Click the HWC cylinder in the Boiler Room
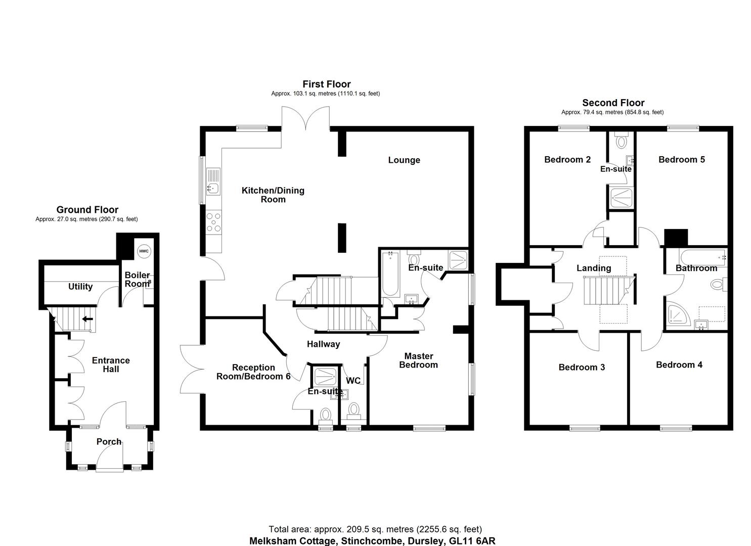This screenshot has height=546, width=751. [144, 251]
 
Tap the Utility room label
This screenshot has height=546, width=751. [80, 287]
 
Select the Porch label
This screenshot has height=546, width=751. [109, 442]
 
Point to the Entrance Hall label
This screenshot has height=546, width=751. [111, 365]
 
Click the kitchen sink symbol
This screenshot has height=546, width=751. [212, 189]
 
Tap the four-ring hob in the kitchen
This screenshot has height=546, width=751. [213, 222]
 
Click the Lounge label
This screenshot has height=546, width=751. [404, 160]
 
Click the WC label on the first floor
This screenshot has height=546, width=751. [353, 380]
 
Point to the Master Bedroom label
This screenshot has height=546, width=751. [418, 360]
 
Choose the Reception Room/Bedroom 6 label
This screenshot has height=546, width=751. [253, 372]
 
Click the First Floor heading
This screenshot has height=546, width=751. [326, 84]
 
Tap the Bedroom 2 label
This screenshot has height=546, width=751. [567, 160]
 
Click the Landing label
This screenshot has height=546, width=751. [594, 268]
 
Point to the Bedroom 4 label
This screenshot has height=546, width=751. [679, 365]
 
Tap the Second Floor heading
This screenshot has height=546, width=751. [613, 103]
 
